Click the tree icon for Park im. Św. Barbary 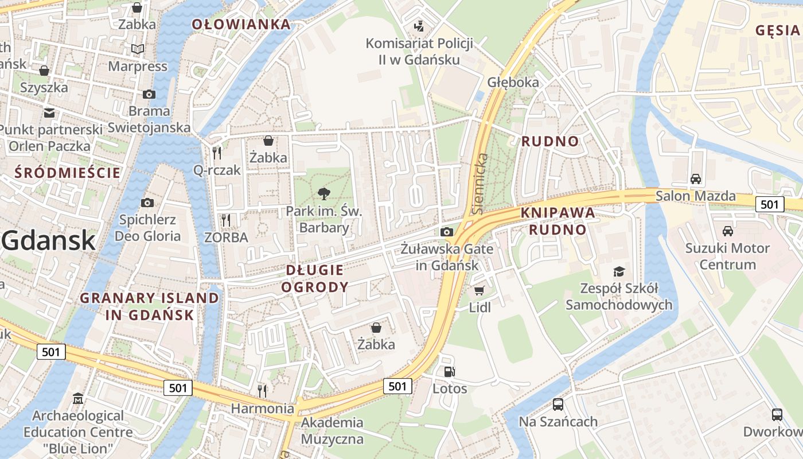(x=324, y=194)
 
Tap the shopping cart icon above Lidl (x=480, y=291)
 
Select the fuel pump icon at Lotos (x=450, y=372)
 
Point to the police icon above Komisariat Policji (x=419, y=26)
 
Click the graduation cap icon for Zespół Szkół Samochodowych (x=619, y=271)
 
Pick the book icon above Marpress (x=137, y=49)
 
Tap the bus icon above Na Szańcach (x=558, y=404)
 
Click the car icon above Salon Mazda (x=696, y=178)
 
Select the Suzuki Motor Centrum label (x=728, y=256)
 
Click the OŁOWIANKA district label (x=241, y=24)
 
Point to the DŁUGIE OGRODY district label (x=315, y=278)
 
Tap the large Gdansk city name (x=48, y=240)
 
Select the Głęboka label (x=513, y=82)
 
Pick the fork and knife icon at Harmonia (x=262, y=391)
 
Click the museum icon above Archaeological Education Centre (x=78, y=398)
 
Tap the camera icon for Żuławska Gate (x=446, y=232)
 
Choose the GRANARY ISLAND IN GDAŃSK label (x=149, y=306)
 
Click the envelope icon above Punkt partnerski (x=49, y=112)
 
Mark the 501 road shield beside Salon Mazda (x=770, y=204)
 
